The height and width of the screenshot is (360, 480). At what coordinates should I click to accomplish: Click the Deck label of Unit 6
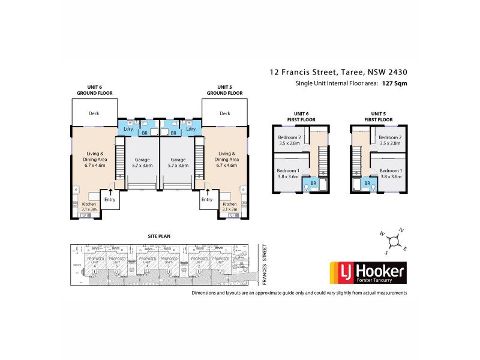pos(93,113)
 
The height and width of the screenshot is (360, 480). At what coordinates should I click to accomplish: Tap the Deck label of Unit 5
pos(224,113)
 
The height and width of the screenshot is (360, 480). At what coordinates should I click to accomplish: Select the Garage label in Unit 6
pos(143,160)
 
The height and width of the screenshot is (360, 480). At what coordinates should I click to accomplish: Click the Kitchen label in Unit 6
pos(88,205)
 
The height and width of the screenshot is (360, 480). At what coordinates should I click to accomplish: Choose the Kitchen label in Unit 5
pos(229,205)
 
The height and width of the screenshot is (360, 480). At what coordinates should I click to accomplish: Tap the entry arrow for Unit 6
pos(110,191)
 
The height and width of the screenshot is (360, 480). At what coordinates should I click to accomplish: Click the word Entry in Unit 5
pos(207,199)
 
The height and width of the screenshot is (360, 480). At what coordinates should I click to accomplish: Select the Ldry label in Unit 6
pos(128,129)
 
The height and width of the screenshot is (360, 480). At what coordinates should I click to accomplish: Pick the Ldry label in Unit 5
pos(190,129)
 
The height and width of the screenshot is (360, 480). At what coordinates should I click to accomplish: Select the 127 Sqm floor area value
pos(396,84)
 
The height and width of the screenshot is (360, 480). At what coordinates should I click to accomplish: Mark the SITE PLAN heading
pos(160,236)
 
